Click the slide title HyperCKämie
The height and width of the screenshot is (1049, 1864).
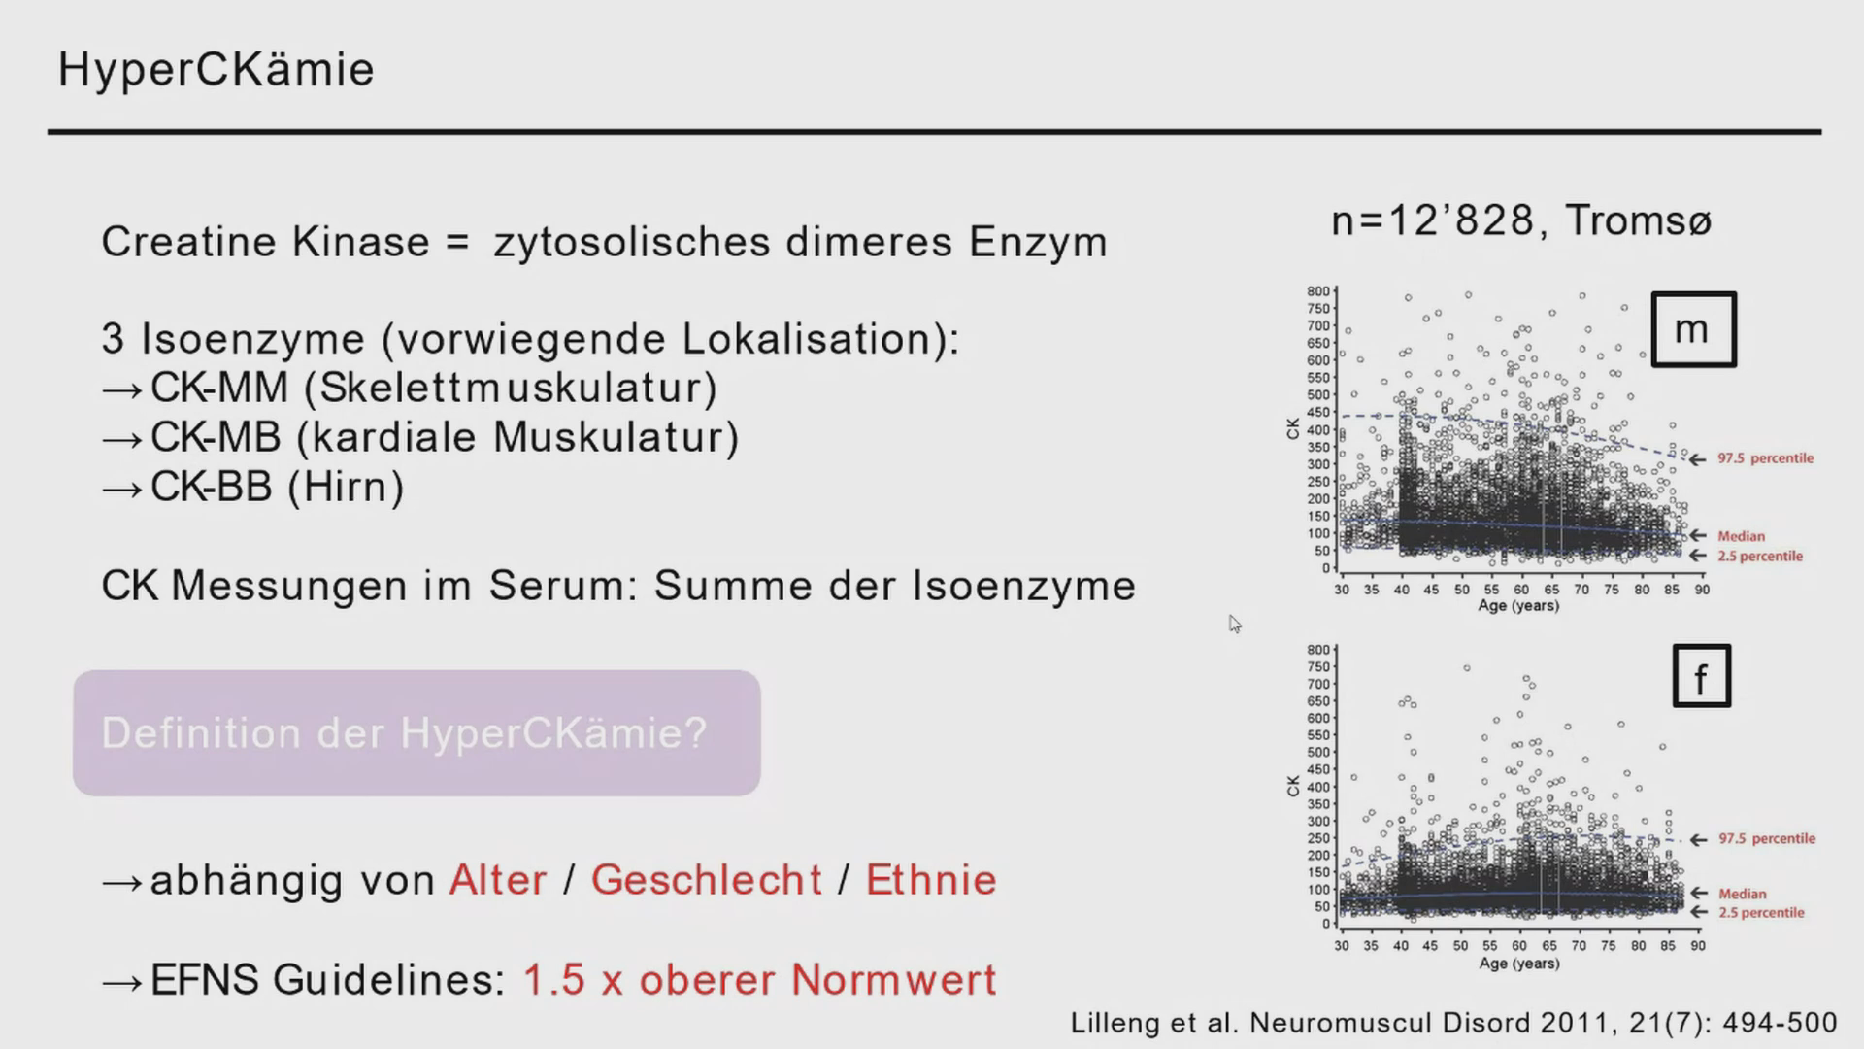216,70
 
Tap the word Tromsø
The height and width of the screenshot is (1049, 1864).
1639,220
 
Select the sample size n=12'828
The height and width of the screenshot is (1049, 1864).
1432,221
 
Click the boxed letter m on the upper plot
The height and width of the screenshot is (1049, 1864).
1693,329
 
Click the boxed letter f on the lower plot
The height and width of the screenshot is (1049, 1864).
1701,676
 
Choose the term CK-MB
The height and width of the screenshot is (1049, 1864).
216,437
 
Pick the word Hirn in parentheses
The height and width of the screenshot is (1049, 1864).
346,487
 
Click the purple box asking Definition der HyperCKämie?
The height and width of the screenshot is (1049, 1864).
416,733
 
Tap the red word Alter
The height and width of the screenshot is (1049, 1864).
498,880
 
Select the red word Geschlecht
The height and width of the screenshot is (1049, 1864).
707,880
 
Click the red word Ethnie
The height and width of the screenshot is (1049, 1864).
931,880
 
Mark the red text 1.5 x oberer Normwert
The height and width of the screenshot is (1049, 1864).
760,979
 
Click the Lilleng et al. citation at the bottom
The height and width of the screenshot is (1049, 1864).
1453,1023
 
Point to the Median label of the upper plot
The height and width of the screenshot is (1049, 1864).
1741,536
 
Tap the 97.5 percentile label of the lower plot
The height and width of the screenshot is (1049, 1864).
1767,838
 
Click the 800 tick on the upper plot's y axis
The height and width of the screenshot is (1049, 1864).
1317,291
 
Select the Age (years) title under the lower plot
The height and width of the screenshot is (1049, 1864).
1519,964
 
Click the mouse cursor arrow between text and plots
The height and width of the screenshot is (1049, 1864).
1234,623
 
